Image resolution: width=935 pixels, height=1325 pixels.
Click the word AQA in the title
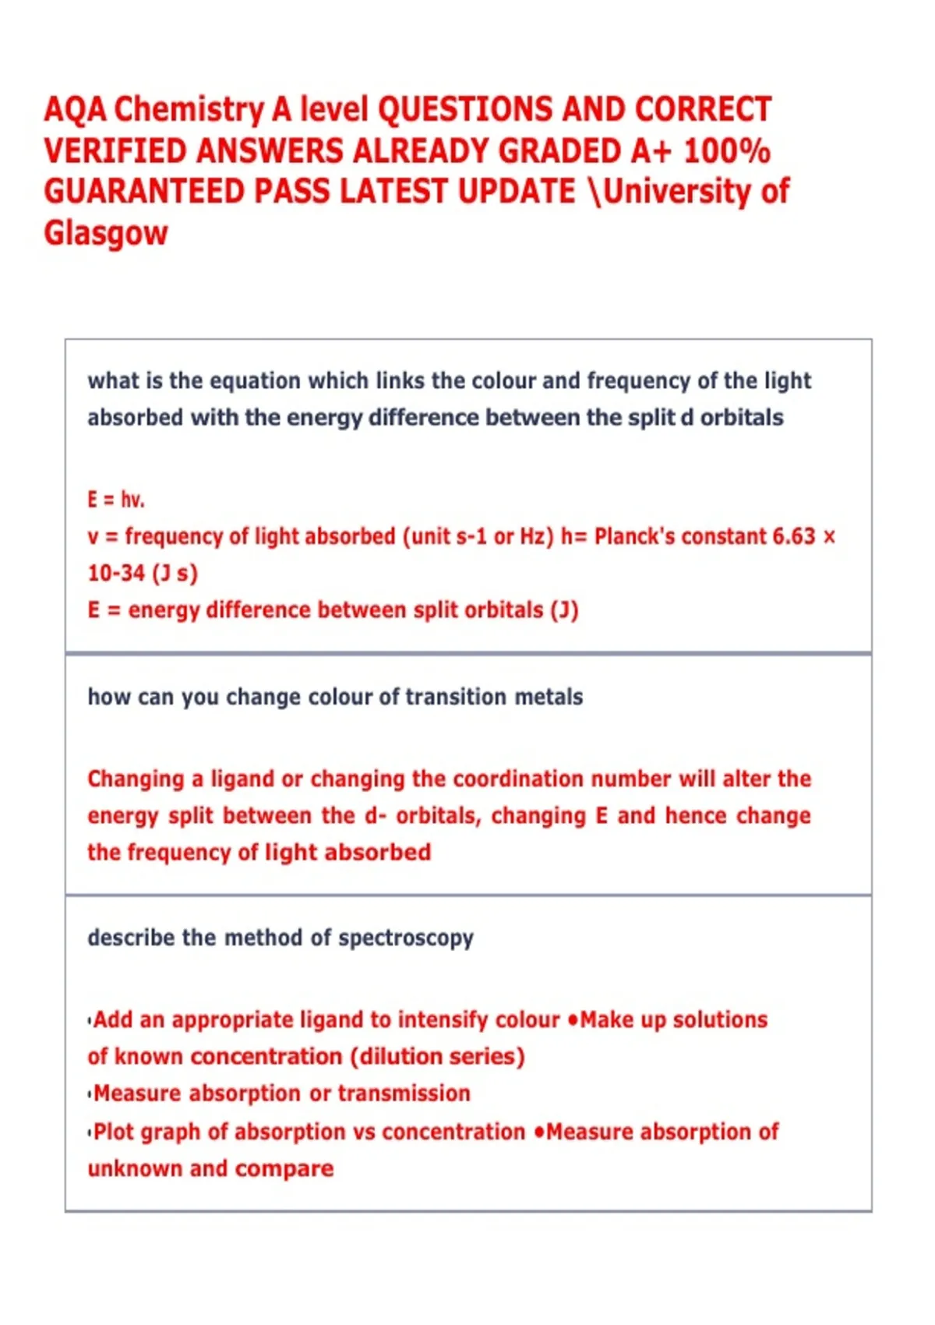click(75, 110)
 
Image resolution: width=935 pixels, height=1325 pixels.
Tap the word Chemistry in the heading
click(189, 110)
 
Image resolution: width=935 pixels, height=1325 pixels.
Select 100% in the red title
click(727, 150)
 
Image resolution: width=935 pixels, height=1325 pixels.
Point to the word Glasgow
click(106, 233)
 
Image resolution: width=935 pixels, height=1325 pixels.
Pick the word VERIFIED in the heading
click(115, 150)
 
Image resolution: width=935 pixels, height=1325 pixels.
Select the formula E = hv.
click(116, 499)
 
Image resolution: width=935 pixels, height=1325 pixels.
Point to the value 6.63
click(793, 536)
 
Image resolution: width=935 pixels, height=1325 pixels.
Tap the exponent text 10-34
click(116, 573)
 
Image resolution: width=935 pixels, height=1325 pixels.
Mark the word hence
click(696, 815)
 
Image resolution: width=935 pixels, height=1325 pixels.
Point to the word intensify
click(443, 1019)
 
